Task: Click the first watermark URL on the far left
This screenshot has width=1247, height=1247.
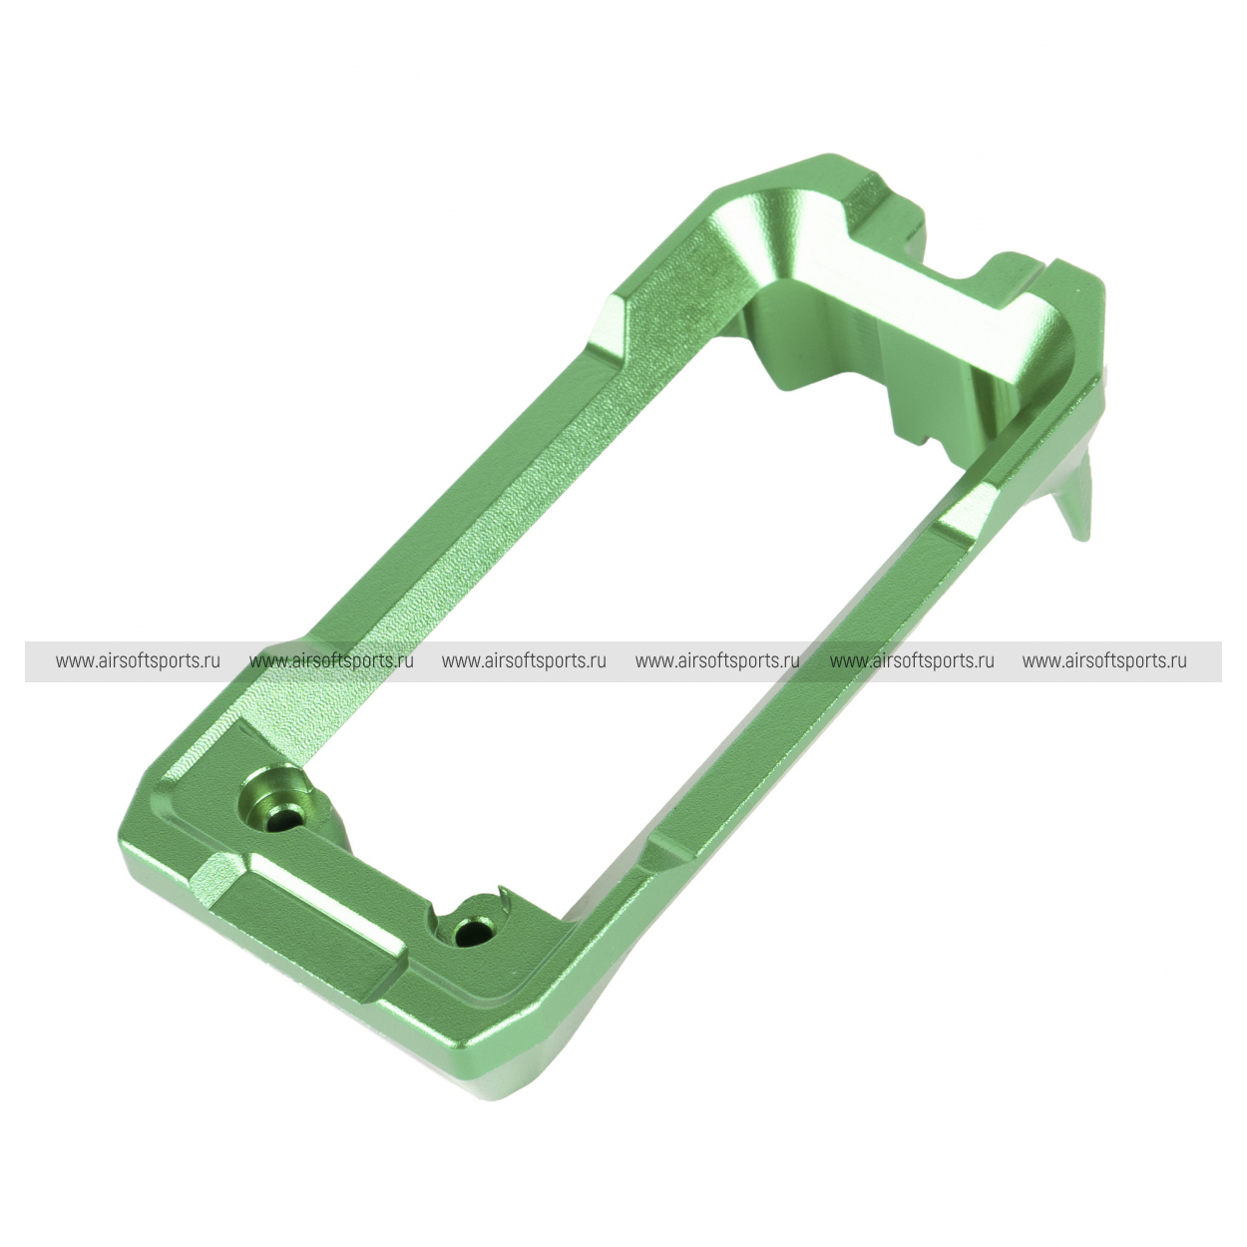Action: pos(138,661)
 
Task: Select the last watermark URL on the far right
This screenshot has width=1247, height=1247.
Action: pos(1104,661)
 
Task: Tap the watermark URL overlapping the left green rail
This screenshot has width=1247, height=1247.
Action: pos(331,661)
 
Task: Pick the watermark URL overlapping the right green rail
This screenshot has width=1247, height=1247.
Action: pos(911,661)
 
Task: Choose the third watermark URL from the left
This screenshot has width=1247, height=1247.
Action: pos(524,661)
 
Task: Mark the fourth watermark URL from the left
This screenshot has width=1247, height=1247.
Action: pos(717,661)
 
